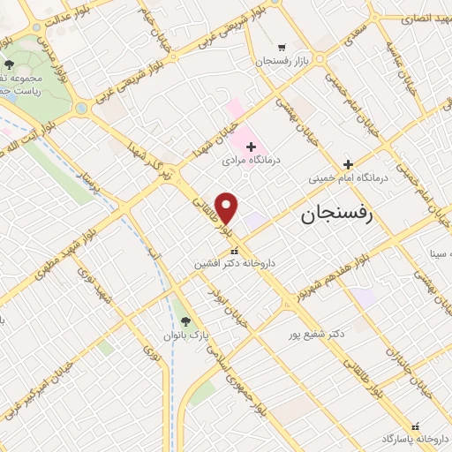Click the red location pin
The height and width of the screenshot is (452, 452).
click(x=227, y=207)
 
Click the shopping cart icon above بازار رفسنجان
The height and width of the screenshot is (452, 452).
click(x=281, y=48)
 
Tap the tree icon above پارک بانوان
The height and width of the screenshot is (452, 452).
click(x=185, y=321)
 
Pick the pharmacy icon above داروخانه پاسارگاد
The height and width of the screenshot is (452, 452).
click(x=416, y=424)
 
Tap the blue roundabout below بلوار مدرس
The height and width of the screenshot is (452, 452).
click(x=81, y=108)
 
